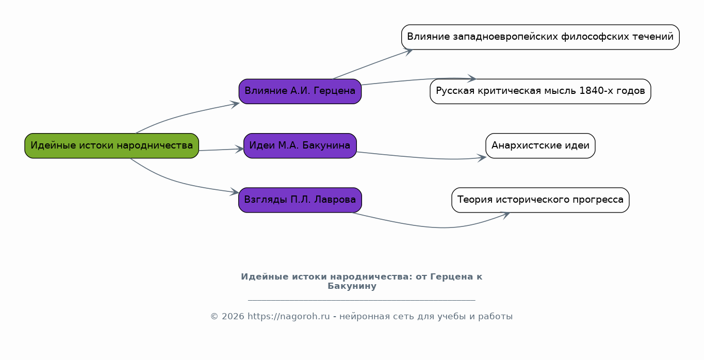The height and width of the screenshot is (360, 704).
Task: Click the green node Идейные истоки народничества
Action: pos(111,145)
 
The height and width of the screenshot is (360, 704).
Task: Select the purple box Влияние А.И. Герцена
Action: pos(300,91)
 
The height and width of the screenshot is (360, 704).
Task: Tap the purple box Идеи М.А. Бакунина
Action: pos(300,145)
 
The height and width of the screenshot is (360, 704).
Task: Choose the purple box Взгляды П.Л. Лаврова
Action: pos(300,200)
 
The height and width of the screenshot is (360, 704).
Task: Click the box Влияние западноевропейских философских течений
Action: pos(541,37)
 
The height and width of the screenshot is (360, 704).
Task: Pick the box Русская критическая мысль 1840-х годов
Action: pos(541,91)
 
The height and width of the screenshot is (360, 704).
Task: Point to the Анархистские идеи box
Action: pos(541,145)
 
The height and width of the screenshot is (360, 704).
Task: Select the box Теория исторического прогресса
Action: pos(541,200)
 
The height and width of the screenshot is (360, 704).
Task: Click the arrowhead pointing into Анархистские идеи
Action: pos(482,157)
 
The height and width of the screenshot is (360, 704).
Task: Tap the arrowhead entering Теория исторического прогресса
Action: pos(505,215)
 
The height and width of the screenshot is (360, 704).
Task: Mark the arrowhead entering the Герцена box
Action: pos(235,104)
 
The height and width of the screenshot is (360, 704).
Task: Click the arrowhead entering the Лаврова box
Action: pos(235,192)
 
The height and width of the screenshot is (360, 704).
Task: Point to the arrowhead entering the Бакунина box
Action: pos(239,149)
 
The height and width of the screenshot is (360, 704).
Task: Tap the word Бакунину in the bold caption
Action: pos(352,286)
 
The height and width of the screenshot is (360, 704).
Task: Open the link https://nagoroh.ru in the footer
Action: pos(289,316)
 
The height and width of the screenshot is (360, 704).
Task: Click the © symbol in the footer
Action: pos(214,316)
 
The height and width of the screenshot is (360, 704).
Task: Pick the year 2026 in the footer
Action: pos(233,316)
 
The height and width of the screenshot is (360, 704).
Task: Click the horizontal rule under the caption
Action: pos(362,300)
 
